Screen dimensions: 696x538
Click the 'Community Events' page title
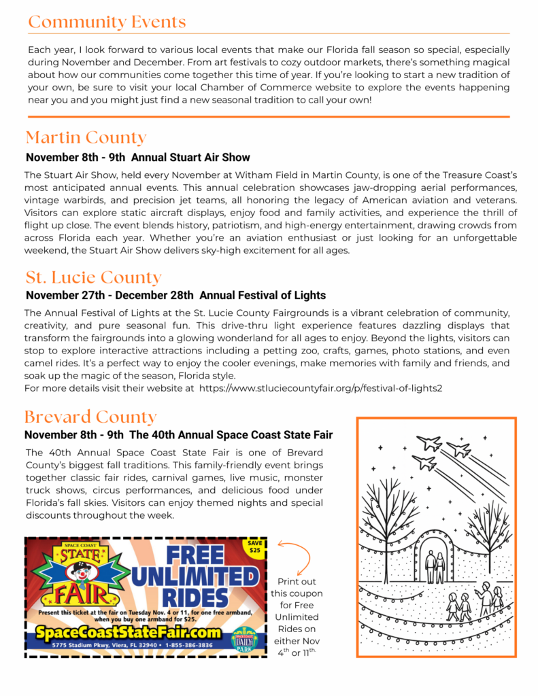107,22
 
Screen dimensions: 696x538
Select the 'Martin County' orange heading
86,138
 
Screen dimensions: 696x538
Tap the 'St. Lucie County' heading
93,277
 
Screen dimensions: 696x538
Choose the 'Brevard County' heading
90,416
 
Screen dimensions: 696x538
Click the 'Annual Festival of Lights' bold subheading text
263,296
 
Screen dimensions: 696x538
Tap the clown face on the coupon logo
74,572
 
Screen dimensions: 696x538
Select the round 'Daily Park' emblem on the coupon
243,640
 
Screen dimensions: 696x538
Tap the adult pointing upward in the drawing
486,595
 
